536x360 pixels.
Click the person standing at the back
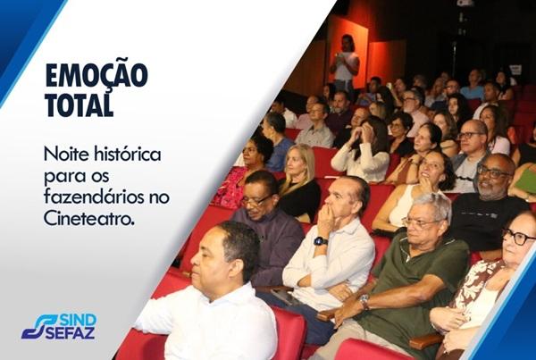click(x=345, y=64)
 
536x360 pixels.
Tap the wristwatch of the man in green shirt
click(x=364, y=302)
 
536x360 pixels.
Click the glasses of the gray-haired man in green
click(x=419, y=222)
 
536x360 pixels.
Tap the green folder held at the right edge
click(x=527, y=178)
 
